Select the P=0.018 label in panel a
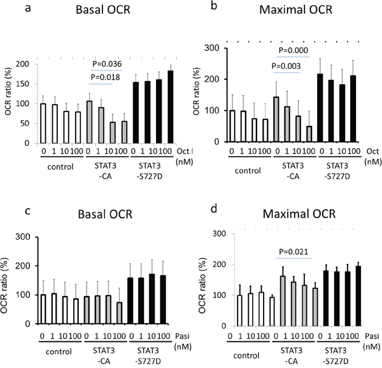[x=105, y=78]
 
